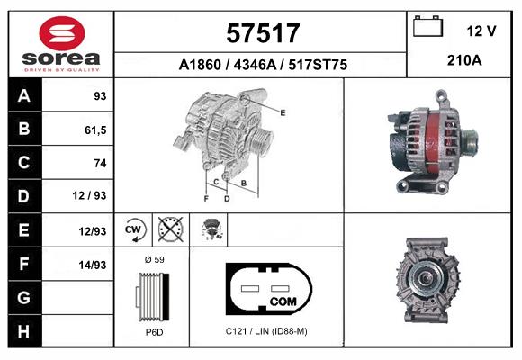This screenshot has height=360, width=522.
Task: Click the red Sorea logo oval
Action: pyautogui.click(x=62, y=33)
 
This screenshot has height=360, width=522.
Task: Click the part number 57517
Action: pyautogui.click(x=263, y=33)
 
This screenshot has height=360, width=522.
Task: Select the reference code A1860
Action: pyautogui.click(x=200, y=65)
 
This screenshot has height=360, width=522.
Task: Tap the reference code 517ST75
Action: pyautogui.click(x=318, y=65)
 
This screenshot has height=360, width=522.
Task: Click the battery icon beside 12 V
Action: pyautogui.click(x=427, y=26)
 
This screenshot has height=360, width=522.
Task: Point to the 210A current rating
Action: pyautogui.click(x=464, y=60)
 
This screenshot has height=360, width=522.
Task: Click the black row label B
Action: pyautogui.click(x=24, y=129)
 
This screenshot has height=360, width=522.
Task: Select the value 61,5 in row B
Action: pyautogui.click(x=95, y=130)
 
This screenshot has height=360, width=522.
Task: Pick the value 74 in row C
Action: pyautogui.click(x=100, y=163)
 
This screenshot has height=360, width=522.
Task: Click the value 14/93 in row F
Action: pyautogui.click(x=93, y=265)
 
